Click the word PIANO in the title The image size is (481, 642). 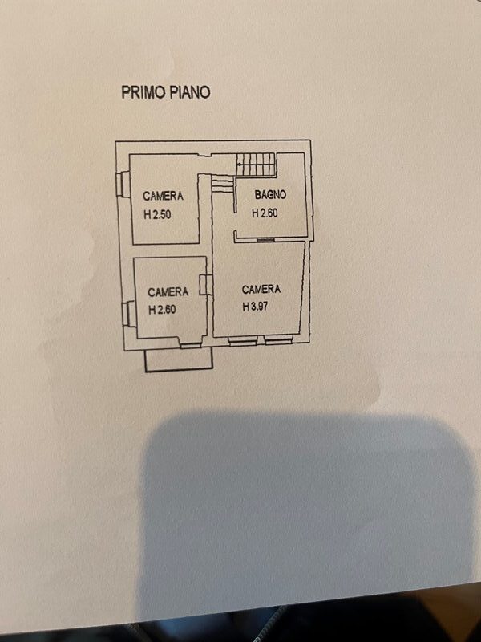click(x=190, y=92)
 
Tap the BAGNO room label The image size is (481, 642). click(x=271, y=195)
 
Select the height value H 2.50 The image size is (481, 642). click(x=158, y=215)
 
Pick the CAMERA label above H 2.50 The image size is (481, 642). click(x=164, y=196)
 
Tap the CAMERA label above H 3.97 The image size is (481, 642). click(x=261, y=289)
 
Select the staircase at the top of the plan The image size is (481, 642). click(x=257, y=165)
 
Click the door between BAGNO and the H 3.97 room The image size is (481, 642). click(x=265, y=239)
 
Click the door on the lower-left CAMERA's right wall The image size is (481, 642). click(x=206, y=286)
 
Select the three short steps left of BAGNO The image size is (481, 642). click(x=219, y=185)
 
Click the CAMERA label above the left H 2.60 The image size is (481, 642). click(x=168, y=292)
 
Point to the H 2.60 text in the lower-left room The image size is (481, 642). click(x=162, y=310)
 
